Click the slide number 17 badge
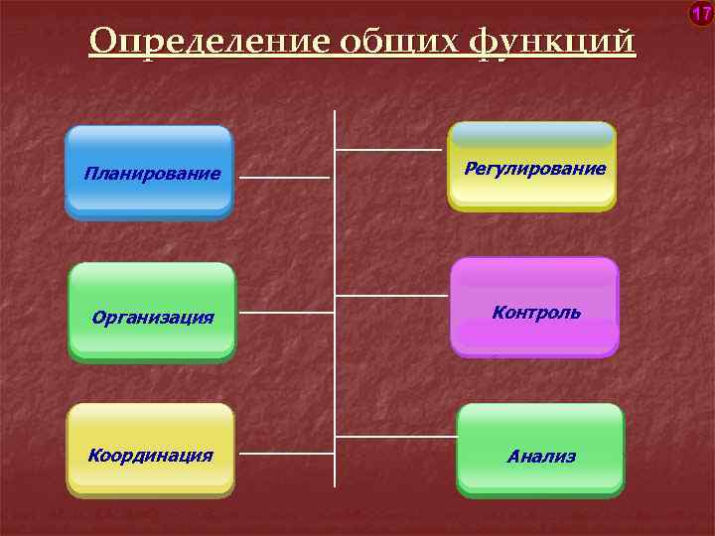[x=701, y=14]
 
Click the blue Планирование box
[x=149, y=172]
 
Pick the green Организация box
[x=152, y=311]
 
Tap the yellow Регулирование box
[x=532, y=166]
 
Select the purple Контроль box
[x=534, y=307]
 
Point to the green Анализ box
[x=540, y=450]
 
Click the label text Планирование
[x=152, y=175]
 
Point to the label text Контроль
[x=536, y=313]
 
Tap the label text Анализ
[x=541, y=457]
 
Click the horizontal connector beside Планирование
[x=284, y=179]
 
